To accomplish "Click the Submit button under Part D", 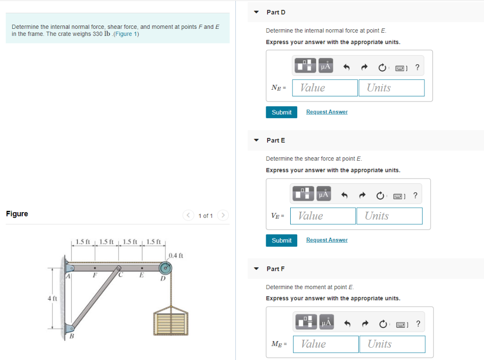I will tap(281, 112).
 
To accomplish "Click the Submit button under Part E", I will tap(281, 240).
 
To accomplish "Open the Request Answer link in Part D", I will tap(327, 112).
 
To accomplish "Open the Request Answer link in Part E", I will tap(327, 240).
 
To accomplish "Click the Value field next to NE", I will tap(325, 88).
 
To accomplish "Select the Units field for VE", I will tap(389, 216).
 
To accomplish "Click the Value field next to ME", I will tap(326, 344).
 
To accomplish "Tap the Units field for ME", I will tap(392, 344).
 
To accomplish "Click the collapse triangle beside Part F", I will tap(256, 269).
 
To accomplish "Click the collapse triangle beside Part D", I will tap(256, 12).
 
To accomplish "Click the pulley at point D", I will tap(165, 268).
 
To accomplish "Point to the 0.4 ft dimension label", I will tap(175, 256).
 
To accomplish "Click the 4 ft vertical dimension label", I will tap(52, 299).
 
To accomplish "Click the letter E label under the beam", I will tap(141, 276).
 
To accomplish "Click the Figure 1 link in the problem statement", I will tap(124, 34).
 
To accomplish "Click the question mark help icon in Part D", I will tap(416, 68).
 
